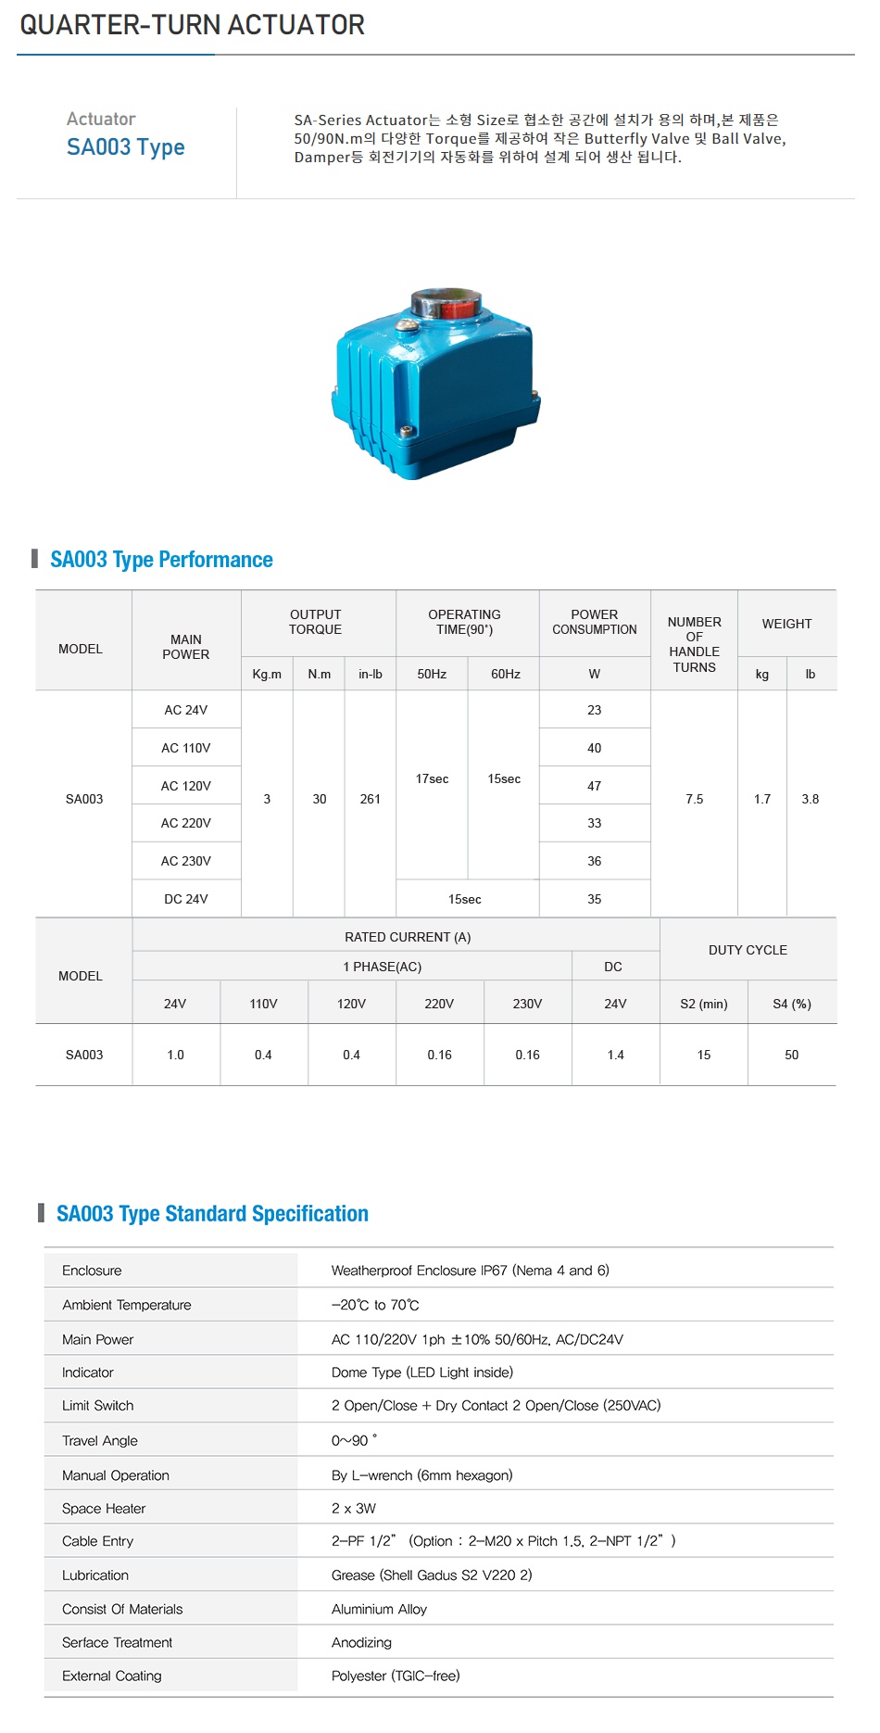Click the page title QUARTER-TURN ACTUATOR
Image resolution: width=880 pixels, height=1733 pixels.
point(192,25)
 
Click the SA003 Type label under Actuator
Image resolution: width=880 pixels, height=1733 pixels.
point(125,147)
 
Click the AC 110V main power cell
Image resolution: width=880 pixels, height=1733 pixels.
point(186,748)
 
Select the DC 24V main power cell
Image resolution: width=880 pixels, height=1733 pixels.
point(186,899)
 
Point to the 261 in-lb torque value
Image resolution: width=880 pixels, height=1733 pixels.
point(371,799)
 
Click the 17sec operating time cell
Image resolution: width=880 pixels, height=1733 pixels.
point(432,778)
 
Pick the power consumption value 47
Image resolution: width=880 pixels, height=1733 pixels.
point(595,786)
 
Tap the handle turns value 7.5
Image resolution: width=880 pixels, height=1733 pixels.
point(695,799)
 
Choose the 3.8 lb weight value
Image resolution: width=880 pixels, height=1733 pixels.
point(811,799)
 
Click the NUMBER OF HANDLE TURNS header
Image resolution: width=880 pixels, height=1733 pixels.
point(695,644)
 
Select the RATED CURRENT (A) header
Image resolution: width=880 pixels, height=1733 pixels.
point(408,937)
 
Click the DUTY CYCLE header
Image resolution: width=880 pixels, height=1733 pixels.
point(748,950)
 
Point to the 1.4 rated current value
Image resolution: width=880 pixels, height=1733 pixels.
point(616,1055)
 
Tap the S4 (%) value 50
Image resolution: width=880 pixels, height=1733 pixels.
point(792,1055)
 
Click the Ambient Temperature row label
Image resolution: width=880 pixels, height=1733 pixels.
point(127,1305)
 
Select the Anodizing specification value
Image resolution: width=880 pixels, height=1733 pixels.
point(361,1642)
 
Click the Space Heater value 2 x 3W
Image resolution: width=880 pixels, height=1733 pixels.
point(354,1508)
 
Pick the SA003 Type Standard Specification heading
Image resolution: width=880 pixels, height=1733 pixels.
point(212,1214)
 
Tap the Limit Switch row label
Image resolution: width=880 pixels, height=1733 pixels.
point(98,1406)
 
